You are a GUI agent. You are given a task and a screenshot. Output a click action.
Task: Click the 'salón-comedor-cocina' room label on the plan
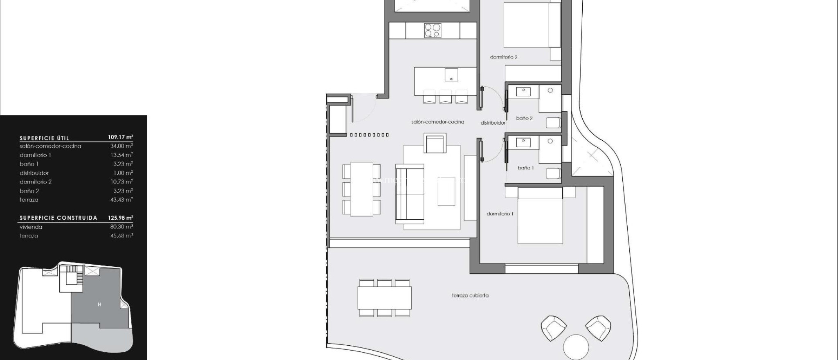click(x=437, y=122)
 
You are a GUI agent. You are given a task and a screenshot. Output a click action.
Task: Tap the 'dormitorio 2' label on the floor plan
click(x=504, y=57)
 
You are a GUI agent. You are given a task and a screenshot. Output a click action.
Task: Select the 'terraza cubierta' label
click(x=470, y=295)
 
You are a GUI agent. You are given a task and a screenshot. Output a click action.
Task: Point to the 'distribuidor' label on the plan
click(x=493, y=123)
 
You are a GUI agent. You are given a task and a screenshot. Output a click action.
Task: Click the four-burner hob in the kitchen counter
click(x=433, y=30)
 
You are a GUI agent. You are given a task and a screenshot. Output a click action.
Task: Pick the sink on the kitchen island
click(x=451, y=75)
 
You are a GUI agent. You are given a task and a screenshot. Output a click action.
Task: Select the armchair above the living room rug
click(x=435, y=144)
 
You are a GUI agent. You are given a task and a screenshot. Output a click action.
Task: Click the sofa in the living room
click(x=410, y=194)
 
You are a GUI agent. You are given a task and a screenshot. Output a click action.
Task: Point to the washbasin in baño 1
click(x=523, y=142)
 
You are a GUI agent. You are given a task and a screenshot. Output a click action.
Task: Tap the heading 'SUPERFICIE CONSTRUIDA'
click(x=59, y=218)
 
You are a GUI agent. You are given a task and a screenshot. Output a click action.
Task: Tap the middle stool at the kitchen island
click(x=446, y=97)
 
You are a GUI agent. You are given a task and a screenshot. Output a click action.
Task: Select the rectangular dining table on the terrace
click(x=384, y=298)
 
